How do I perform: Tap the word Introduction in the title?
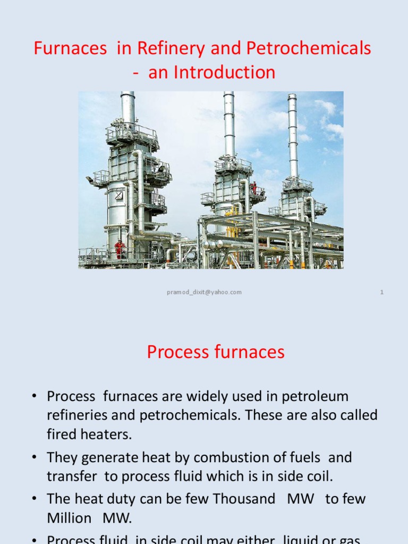point(212,72)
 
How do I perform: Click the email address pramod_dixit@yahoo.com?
point(204,292)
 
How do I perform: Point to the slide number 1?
point(382,292)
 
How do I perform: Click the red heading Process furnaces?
point(216,352)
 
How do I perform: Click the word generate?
point(99,457)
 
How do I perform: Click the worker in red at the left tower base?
point(119,249)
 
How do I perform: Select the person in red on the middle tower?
point(254,188)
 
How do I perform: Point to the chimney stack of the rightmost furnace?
point(293,133)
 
